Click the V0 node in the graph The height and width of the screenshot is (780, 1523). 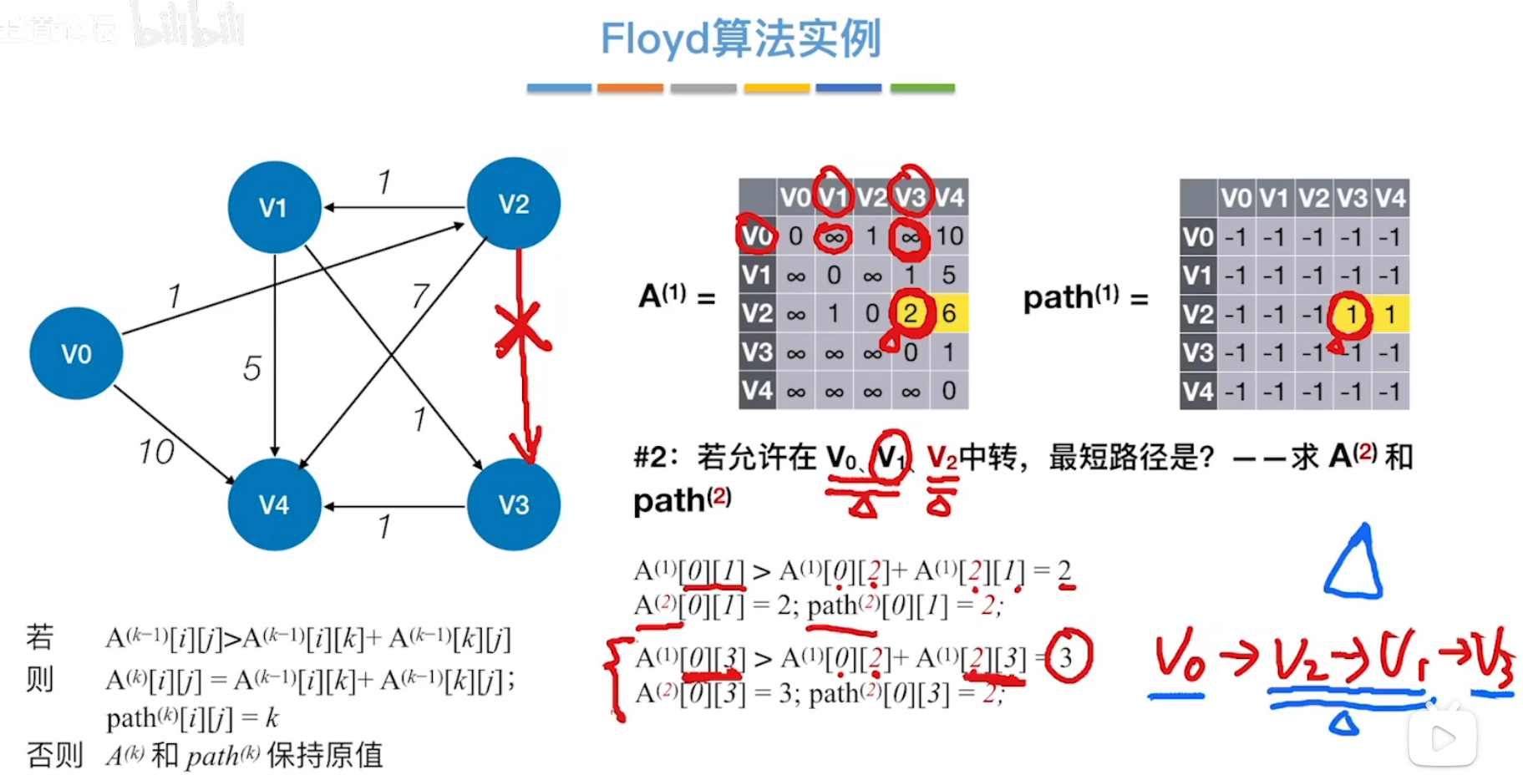point(76,353)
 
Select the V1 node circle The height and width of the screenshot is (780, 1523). point(274,207)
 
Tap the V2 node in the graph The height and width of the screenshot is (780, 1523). point(514,204)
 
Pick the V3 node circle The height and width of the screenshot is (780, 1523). point(514,504)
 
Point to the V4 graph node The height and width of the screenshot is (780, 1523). point(274,504)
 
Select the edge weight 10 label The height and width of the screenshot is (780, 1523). point(156,452)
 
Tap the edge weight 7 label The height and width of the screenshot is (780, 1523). point(419,296)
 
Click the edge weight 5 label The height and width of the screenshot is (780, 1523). point(252,368)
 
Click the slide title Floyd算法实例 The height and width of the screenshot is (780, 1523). point(740,38)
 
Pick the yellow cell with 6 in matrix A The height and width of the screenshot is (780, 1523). point(949,313)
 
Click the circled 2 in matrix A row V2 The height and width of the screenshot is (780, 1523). point(910,313)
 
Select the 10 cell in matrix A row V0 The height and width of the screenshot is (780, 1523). point(949,236)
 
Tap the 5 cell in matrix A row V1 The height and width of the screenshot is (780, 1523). point(949,275)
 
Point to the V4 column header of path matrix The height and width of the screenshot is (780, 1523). point(1390,198)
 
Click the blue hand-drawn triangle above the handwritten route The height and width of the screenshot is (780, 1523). point(1353,564)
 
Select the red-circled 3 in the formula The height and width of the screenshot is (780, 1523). point(1067,657)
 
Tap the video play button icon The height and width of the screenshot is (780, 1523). point(1443,737)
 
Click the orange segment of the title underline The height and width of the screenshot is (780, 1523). point(630,88)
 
